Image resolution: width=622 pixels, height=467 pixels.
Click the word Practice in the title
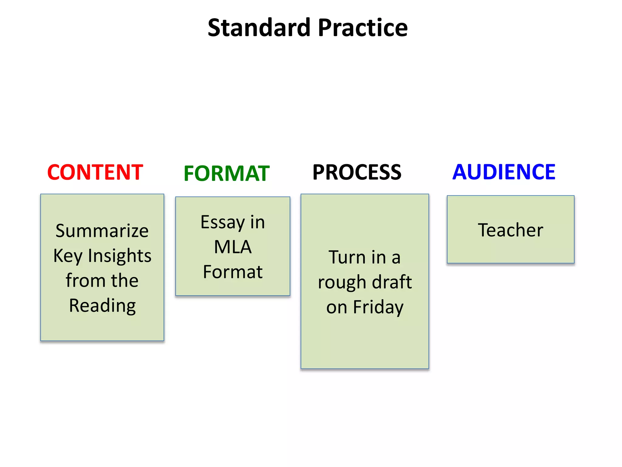tap(363, 28)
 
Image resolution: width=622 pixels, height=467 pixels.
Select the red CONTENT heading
tap(95, 172)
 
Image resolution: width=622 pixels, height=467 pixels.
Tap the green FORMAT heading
tap(227, 174)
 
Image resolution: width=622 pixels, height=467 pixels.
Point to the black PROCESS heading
tap(357, 172)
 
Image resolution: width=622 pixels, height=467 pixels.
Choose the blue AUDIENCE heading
tap(504, 172)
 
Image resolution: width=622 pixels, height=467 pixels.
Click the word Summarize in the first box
tap(102, 231)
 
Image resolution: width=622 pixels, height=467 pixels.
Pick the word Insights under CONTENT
tap(120, 256)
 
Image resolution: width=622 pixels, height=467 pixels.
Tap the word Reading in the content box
tap(102, 306)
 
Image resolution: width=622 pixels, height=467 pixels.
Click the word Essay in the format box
tap(222, 222)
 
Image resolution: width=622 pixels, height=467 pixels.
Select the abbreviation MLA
tap(233, 247)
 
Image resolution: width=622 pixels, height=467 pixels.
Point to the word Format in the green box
tap(233, 272)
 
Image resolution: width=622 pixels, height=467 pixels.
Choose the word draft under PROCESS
tap(392, 282)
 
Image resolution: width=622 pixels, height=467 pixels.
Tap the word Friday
tap(378, 307)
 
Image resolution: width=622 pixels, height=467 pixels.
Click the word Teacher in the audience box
tap(511, 230)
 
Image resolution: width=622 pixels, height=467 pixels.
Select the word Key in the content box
tap(68, 256)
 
